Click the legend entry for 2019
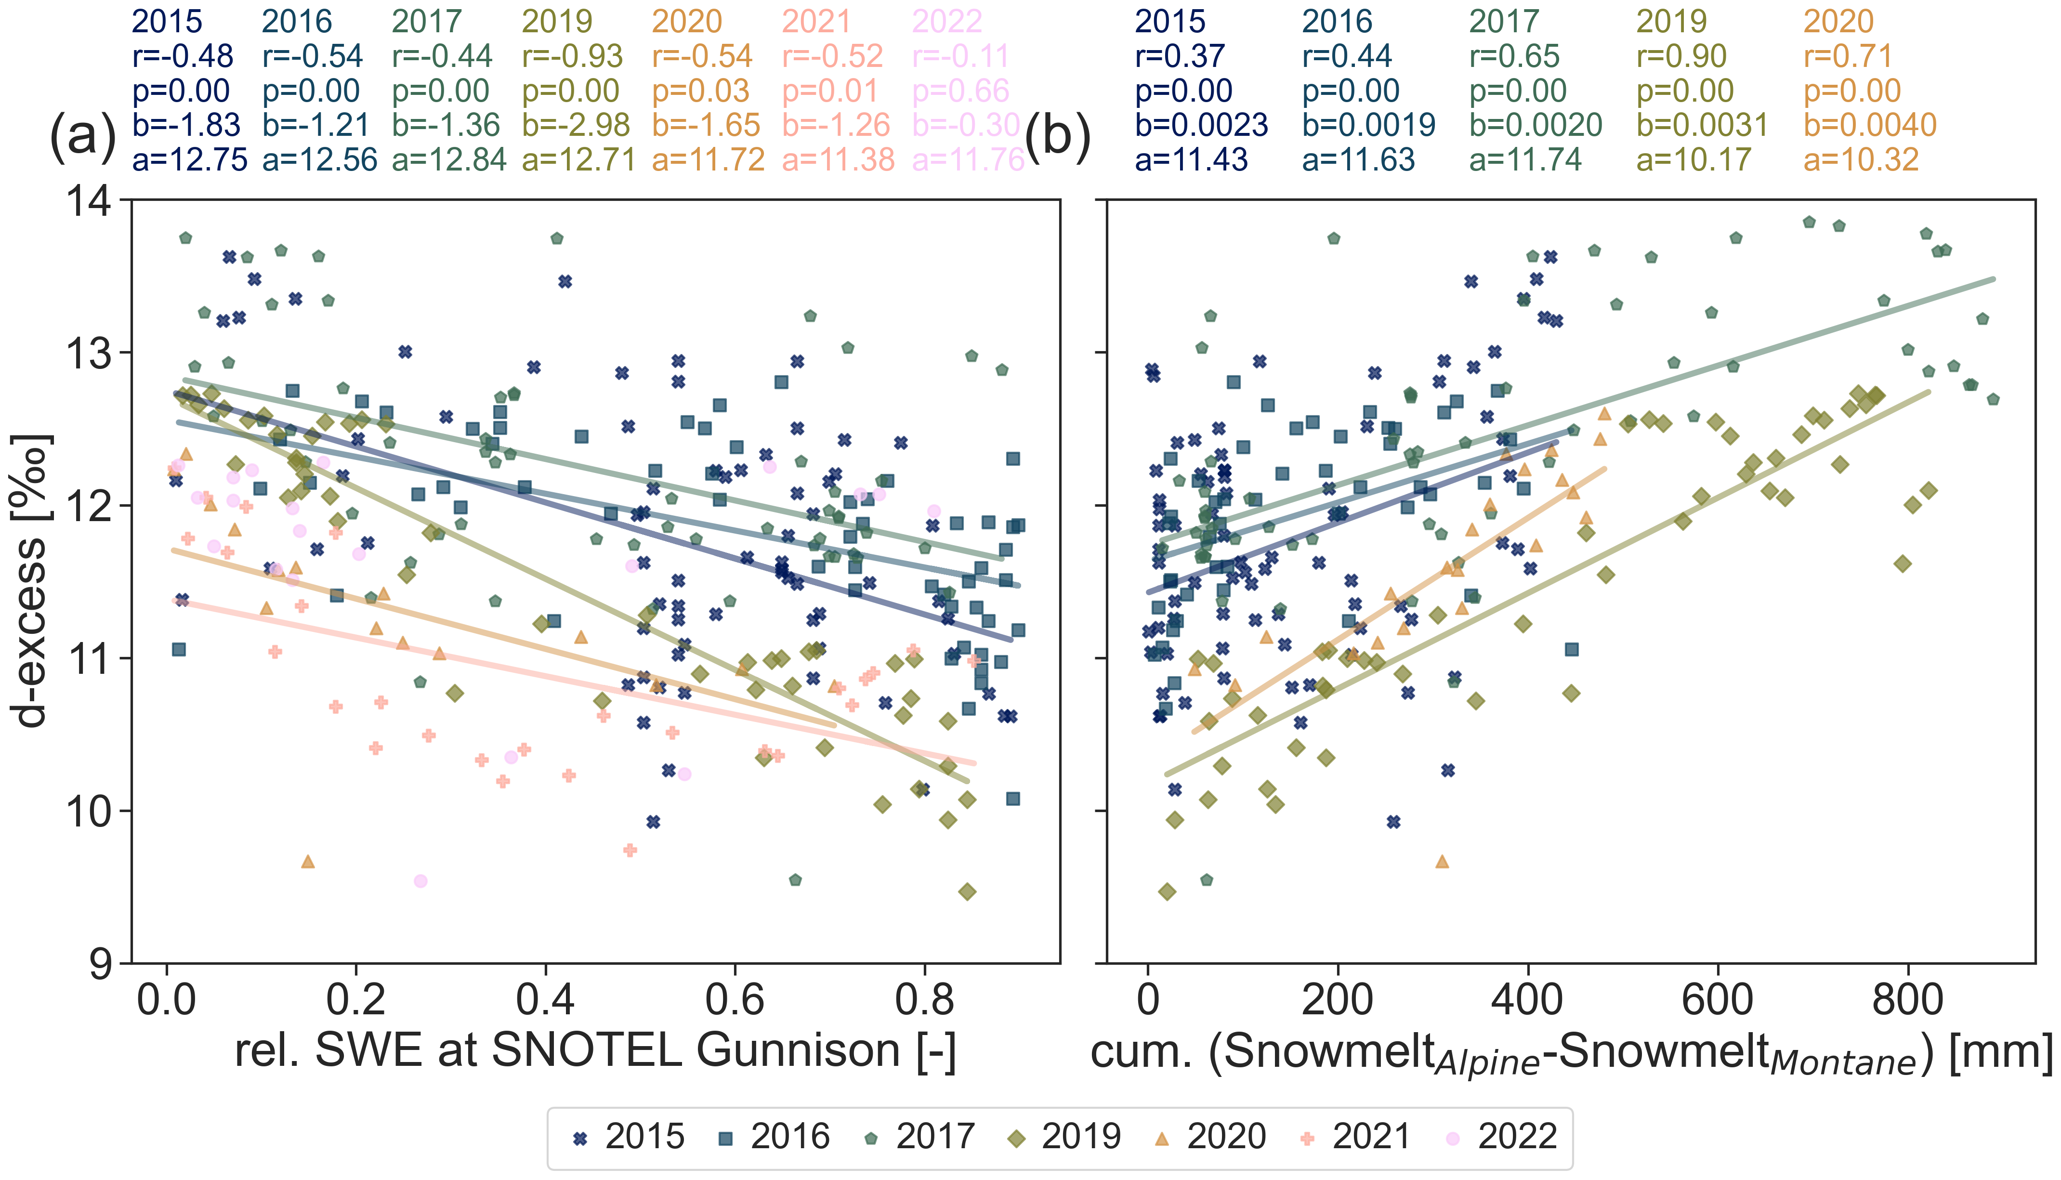(x=1065, y=1137)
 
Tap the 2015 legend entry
(x=629, y=1137)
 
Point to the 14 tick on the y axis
(x=89, y=200)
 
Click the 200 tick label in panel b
(x=1337, y=1000)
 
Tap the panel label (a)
(x=83, y=135)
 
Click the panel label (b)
(x=1058, y=135)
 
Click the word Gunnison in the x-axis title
(x=798, y=1051)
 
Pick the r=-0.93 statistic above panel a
(x=572, y=56)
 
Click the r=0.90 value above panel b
(x=1682, y=56)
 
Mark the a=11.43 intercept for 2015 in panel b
(x=1192, y=159)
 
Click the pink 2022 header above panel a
(x=947, y=21)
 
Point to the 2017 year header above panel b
(x=1503, y=21)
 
